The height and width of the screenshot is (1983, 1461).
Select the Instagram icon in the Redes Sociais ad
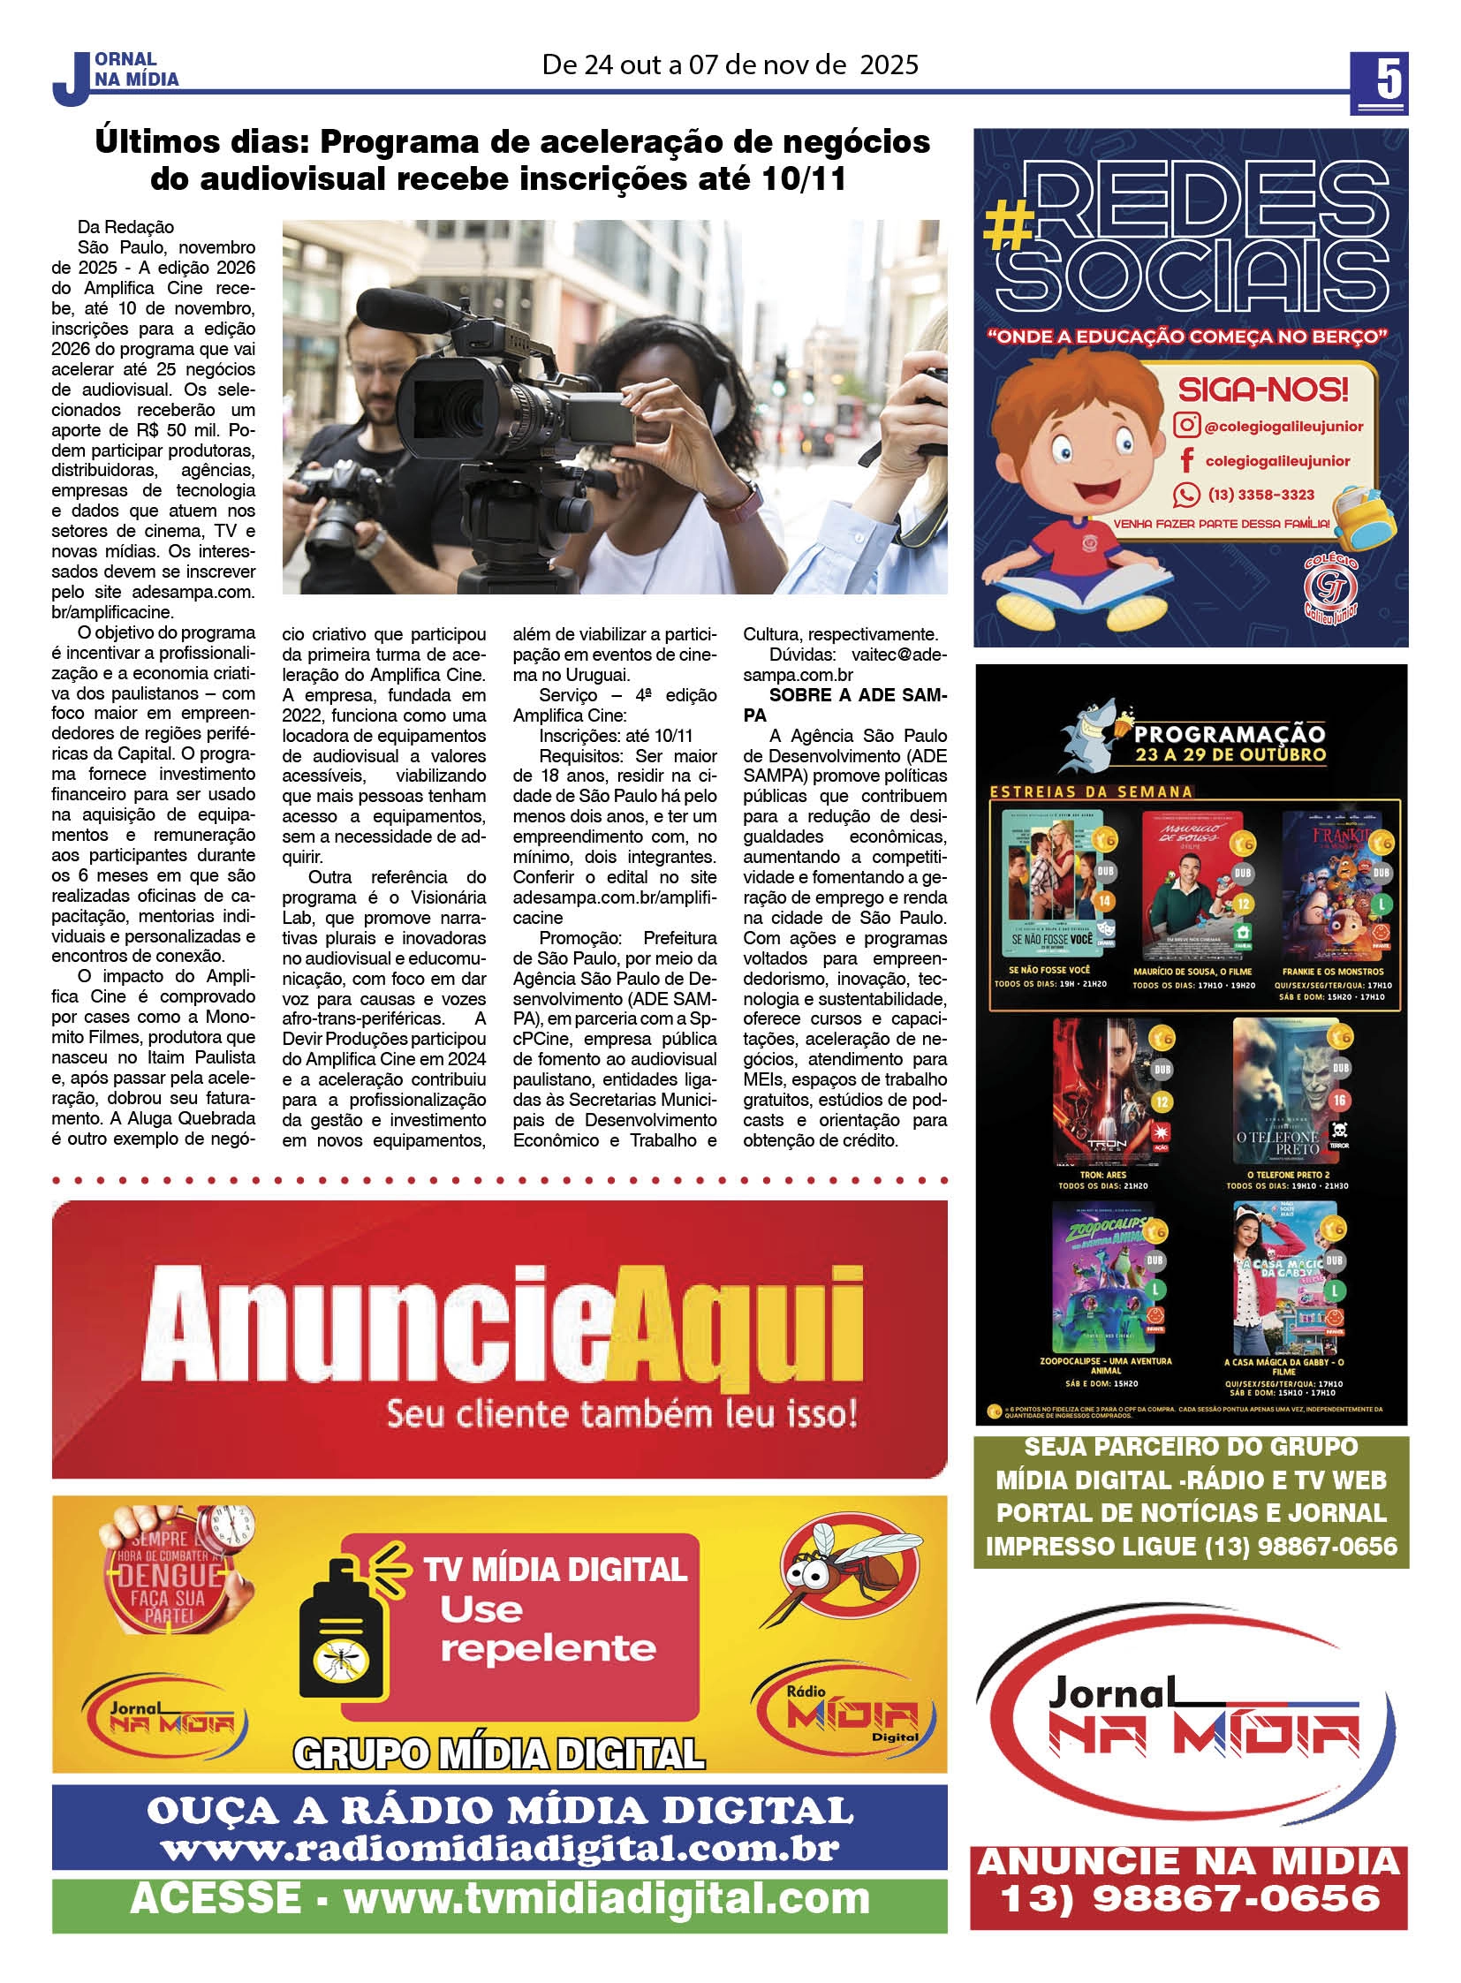point(1186,426)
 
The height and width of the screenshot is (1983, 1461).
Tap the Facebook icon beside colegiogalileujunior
point(1186,460)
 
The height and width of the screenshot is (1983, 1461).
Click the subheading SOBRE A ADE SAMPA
point(844,704)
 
